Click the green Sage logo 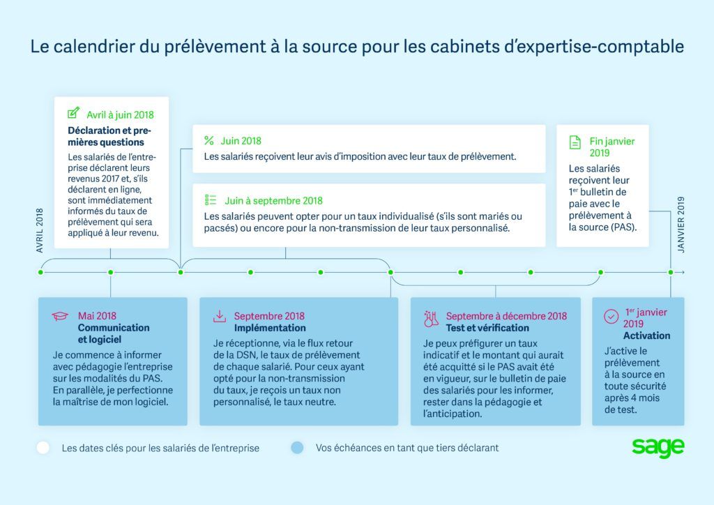(658, 448)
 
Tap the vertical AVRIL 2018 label (40, 230)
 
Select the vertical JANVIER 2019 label (682, 225)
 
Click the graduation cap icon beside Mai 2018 (60, 316)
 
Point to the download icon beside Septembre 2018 (220, 316)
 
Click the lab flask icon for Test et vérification (431, 319)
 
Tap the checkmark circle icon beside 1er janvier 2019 (611, 317)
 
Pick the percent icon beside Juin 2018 (208, 140)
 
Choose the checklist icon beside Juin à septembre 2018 (210, 199)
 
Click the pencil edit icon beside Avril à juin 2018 (73, 114)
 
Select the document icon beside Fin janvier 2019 (575, 142)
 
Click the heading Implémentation (270, 328)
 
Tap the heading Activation (646, 336)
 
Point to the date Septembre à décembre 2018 (506, 316)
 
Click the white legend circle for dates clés (43, 448)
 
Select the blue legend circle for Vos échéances (297, 448)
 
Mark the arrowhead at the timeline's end (682, 272)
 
